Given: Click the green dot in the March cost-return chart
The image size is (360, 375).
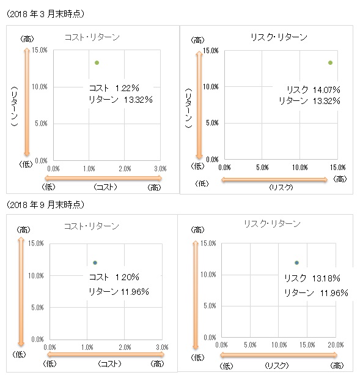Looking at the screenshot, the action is coord(97,62).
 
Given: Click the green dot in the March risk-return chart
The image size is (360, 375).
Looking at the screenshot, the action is coord(331,62).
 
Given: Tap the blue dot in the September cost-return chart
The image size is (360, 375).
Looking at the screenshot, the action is coord(95,262).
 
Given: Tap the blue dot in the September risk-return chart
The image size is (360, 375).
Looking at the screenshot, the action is coord(296,262).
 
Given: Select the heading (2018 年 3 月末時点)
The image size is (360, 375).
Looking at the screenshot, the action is coord(45,14).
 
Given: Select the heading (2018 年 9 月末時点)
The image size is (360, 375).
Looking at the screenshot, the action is coord(45,205).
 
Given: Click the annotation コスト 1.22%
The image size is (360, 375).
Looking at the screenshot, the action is coord(114,88).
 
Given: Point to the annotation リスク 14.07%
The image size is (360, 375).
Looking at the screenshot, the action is coord(313,90).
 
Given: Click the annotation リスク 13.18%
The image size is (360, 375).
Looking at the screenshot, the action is coord(312,278).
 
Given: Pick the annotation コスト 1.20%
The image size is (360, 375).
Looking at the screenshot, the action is coord(114,277).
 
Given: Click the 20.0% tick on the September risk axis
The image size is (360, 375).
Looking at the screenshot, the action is coord(336,345).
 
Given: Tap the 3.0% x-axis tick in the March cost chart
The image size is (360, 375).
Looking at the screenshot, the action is coord(160,169).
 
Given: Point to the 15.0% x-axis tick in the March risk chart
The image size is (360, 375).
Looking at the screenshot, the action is coord(338,168).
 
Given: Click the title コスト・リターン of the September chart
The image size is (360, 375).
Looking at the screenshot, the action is coord(92,226).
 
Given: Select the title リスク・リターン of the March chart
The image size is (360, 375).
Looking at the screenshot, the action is coord(279,37).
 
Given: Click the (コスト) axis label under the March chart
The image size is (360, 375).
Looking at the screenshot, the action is coord(105,187).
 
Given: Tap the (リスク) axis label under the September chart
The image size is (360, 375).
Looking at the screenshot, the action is coord(277,365).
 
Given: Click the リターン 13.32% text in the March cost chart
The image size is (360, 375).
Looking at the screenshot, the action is coord(120,100).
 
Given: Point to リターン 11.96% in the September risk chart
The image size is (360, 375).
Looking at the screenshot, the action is coord(316,293).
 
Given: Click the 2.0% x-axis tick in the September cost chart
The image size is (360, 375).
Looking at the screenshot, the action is coord(125,347).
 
